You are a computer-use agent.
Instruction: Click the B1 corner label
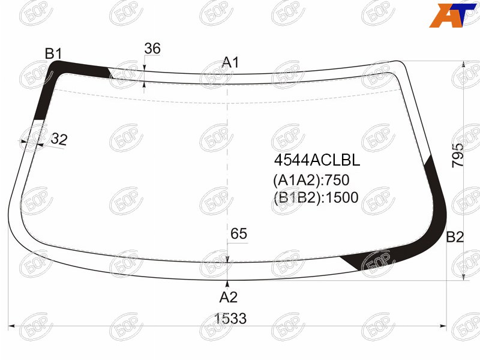pyautogui.click(x=53, y=53)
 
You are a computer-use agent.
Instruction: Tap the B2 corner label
pyautogui.click(x=455, y=237)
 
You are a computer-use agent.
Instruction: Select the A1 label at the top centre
pyautogui.click(x=230, y=62)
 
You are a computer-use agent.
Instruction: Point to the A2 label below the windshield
pyautogui.click(x=229, y=297)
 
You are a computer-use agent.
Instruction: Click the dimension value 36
pyautogui.click(x=152, y=49)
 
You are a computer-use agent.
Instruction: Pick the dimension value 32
pyautogui.click(x=59, y=139)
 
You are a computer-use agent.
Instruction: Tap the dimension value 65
pyautogui.click(x=239, y=233)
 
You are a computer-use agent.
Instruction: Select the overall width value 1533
pyautogui.click(x=230, y=319)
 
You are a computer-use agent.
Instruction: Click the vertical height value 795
pyautogui.click(x=458, y=155)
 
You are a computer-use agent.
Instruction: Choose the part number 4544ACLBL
pyautogui.click(x=317, y=160)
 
